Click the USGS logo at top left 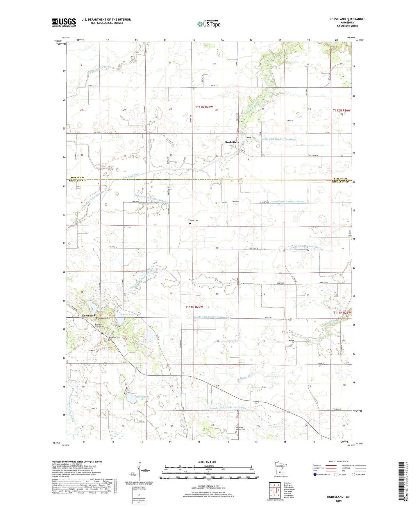[x=64, y=22]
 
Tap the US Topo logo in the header [x=208, y=24]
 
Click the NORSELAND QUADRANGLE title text [x=343, y=19]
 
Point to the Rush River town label [x=232, y=142]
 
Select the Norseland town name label [x=88, y=315]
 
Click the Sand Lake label [x=128, y=314]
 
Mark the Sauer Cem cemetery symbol [x=190, y=224]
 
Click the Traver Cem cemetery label [x=251, y=138]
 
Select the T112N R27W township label [x=206, y=107]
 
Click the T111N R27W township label [x=194, y=307]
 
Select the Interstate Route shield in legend [x=315, y=474]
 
